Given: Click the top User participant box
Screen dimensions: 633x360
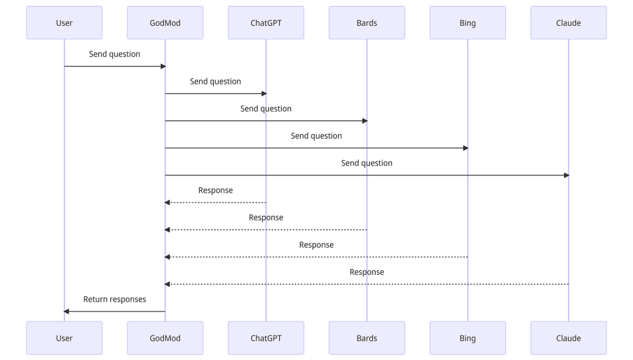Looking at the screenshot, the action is [64, 23].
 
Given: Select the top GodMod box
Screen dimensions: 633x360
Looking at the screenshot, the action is [165, 23].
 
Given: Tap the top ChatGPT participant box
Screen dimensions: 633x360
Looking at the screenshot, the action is [266, 23].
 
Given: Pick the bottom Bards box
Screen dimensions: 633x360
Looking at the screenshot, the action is [367, 338].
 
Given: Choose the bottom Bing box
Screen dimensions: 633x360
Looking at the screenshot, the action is [468, 338].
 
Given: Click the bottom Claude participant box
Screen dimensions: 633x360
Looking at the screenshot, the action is [569, 338].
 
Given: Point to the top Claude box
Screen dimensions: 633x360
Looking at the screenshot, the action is [569, 23].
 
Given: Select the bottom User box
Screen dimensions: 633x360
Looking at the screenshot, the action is [64, 338].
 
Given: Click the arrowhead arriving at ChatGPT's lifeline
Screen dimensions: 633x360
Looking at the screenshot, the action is [264, 94].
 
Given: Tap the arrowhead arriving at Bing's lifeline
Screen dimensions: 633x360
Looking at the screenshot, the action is [466, 148].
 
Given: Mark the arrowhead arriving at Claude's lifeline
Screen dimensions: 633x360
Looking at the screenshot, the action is [567, 175].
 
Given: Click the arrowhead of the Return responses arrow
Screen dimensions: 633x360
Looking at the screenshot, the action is [66, 311].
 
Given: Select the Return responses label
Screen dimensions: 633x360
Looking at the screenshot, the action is [115, 300].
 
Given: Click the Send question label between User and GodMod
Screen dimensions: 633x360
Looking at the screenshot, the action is [115, 54].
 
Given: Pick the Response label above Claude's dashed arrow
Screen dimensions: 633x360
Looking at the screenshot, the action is [367, 272].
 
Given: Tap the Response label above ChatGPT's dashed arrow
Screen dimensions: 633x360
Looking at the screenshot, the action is [216, 191].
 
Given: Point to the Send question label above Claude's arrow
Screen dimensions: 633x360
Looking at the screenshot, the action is [367, 163].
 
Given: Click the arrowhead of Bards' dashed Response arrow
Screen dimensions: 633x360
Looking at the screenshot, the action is [167, 230].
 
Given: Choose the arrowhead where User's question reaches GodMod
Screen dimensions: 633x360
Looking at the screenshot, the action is [163, 66].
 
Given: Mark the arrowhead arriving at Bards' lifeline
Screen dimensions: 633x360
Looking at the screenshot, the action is [365, 121].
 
